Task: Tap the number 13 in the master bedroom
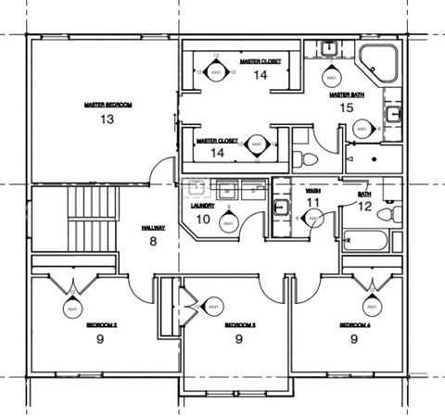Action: click(x=107, y=120)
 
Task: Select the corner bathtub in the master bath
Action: click(x=379, y=61)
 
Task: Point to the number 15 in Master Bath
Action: click(x=346, y=108)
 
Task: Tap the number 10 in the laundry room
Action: click(x=203, y=220)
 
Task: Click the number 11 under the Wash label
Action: click(x=313, y=202)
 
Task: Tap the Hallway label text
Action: click(x=152, y=228)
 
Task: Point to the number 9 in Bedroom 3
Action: click(x=239, y=340)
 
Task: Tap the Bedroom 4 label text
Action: click(x=354, y=325)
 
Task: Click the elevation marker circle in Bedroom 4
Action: click(x=371, y=306)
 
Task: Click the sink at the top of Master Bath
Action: click(x=331, y=46)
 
